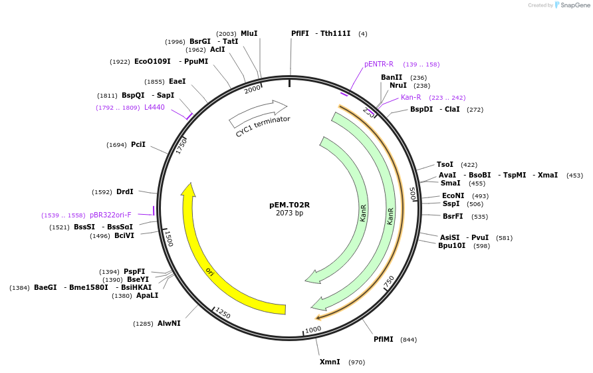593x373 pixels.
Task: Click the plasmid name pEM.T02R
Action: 289,205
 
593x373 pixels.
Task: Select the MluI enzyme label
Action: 249,33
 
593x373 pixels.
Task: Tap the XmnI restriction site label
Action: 330,362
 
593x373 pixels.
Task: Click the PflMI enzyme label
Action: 384,339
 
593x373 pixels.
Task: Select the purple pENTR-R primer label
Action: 379,64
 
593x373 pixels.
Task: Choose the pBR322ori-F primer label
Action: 110,215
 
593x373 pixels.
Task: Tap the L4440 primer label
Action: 154,107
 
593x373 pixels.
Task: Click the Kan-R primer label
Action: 411,97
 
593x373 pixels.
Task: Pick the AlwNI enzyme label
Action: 169,323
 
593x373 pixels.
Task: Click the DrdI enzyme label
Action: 125,191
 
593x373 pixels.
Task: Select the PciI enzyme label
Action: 138,144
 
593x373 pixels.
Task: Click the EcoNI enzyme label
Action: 453,195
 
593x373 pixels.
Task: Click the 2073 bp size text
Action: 289,213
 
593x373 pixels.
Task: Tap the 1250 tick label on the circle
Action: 223,313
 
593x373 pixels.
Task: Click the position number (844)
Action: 408,340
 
